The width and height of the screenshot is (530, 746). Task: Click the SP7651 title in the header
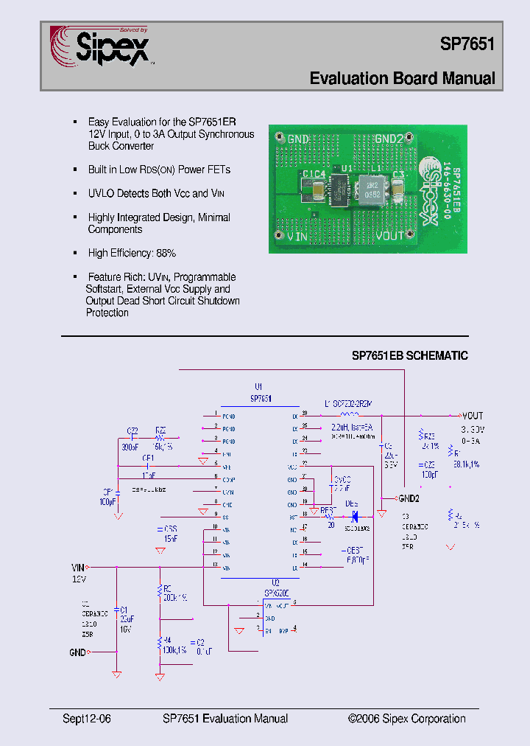467,43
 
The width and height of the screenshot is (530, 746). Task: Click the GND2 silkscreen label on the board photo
389,139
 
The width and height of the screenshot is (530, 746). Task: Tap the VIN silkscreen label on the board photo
297,237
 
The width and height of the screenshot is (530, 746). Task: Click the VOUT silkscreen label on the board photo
390,237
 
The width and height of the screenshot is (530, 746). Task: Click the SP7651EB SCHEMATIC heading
409,355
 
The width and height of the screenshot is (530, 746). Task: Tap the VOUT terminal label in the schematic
473,416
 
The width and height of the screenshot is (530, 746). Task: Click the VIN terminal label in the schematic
78,567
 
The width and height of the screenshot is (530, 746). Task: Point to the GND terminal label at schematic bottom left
77,652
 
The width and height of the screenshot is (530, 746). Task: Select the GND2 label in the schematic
409,498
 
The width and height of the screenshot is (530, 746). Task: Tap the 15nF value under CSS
171,539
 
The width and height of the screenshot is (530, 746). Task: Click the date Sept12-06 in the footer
87,719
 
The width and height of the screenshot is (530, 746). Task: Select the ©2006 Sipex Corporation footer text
406,719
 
